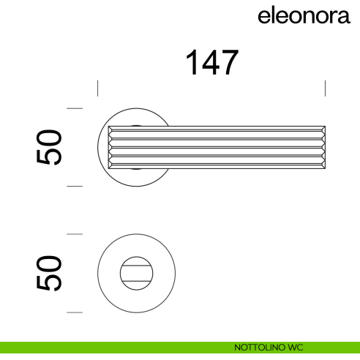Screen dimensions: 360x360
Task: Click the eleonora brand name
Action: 304,17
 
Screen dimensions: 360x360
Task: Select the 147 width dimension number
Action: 211,64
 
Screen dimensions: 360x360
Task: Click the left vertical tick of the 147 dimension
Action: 98,89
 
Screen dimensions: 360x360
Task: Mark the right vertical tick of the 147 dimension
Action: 325,89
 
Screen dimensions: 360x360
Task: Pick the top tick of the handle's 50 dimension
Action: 74,108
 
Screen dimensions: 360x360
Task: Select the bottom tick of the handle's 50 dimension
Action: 74,186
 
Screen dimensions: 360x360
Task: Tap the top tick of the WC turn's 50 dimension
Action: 74,234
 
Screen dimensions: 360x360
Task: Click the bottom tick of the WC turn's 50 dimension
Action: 74,312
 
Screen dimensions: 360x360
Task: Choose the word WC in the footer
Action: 296,348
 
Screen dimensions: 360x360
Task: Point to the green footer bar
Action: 110,348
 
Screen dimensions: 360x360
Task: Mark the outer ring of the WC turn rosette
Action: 102,273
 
